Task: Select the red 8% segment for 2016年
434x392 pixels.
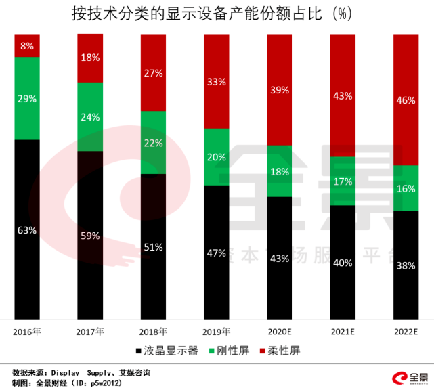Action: (27, 45)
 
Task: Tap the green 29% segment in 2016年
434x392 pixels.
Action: (27, 98)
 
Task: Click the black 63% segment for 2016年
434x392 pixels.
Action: (27, 230)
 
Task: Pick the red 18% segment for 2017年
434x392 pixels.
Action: (90, 58)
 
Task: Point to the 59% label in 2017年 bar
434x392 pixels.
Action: (90, 236)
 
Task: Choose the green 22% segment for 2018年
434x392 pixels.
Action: (153, 142)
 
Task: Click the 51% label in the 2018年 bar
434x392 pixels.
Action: (153, 247)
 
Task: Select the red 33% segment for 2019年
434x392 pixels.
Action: (216, 82)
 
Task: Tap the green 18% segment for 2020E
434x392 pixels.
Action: (279, 171)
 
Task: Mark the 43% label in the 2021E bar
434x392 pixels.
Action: (343, 96)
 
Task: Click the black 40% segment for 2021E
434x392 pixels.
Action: (343, 262)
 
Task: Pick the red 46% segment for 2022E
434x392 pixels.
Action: (406, 100)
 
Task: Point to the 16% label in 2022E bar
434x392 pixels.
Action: (406, 189)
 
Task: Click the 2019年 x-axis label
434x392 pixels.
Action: (216, 332)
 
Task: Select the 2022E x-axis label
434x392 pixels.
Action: (406, 332)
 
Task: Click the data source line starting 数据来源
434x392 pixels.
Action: (81, 372)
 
